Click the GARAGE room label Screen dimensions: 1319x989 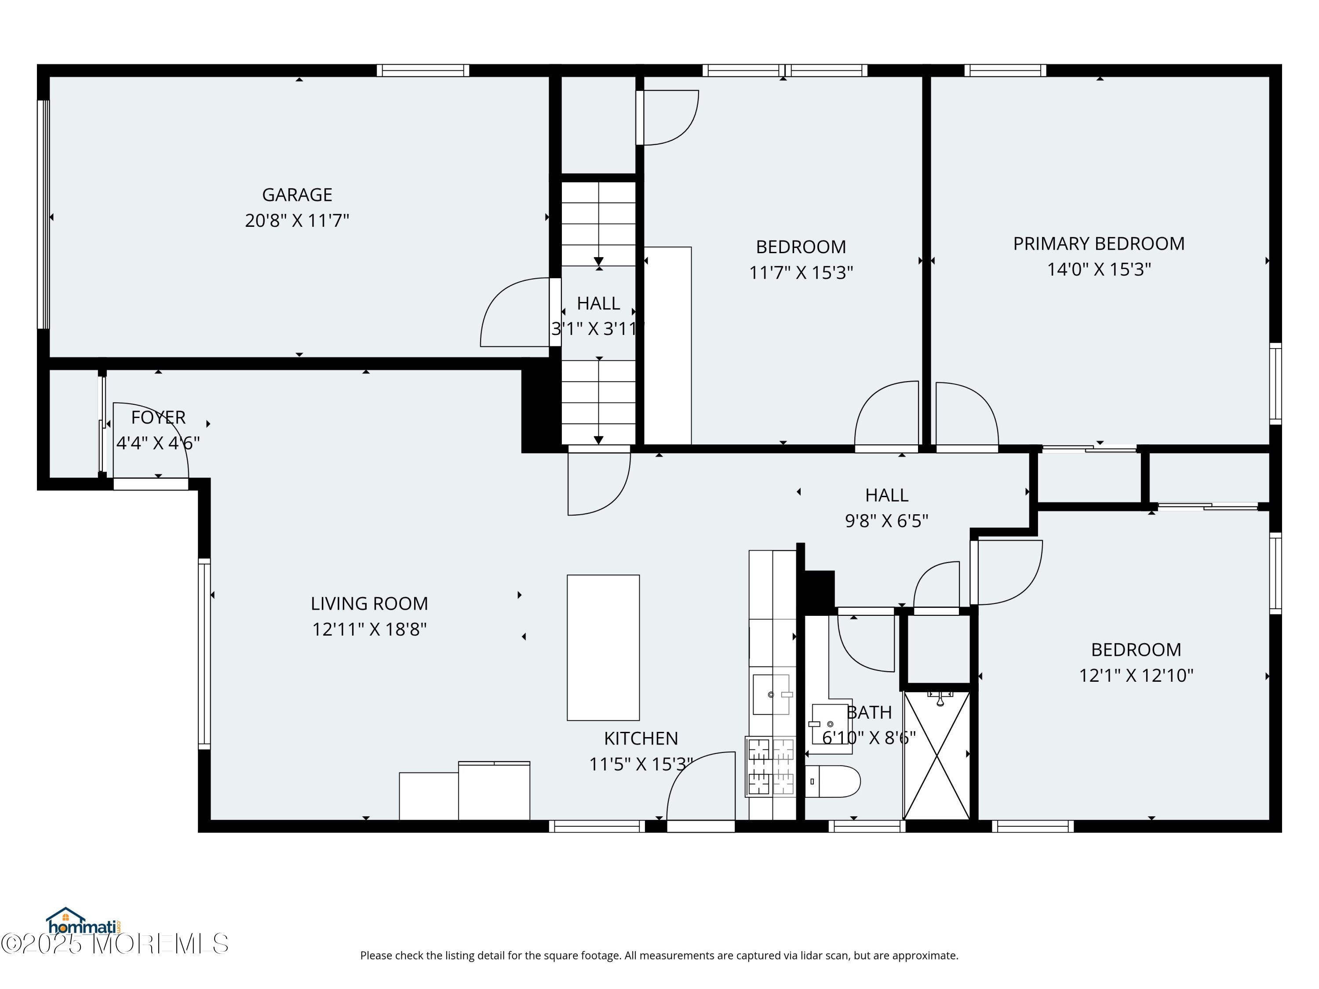[x=297, y=195]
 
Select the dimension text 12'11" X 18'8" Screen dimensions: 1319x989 [x=369, y=629]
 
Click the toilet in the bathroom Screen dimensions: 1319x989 [x=832, y=782]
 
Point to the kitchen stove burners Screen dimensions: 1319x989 [x=770, y=767]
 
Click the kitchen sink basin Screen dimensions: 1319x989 [x=771, y=694]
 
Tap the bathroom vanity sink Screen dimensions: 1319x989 [x=830, y=724]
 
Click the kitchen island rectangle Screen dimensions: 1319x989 [x=603, y=647]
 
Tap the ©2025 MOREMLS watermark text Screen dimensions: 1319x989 [x=114, y=944]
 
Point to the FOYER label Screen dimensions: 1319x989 [x=158, y=417]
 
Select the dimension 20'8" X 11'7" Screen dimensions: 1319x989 [x=297, y=221]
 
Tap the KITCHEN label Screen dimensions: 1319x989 [x=641, y=738]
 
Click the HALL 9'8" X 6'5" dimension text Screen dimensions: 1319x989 [x=887, y=521]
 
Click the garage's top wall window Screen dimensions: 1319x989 [x=423, y=70]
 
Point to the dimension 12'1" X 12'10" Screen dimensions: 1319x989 [x=1136, y=676]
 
